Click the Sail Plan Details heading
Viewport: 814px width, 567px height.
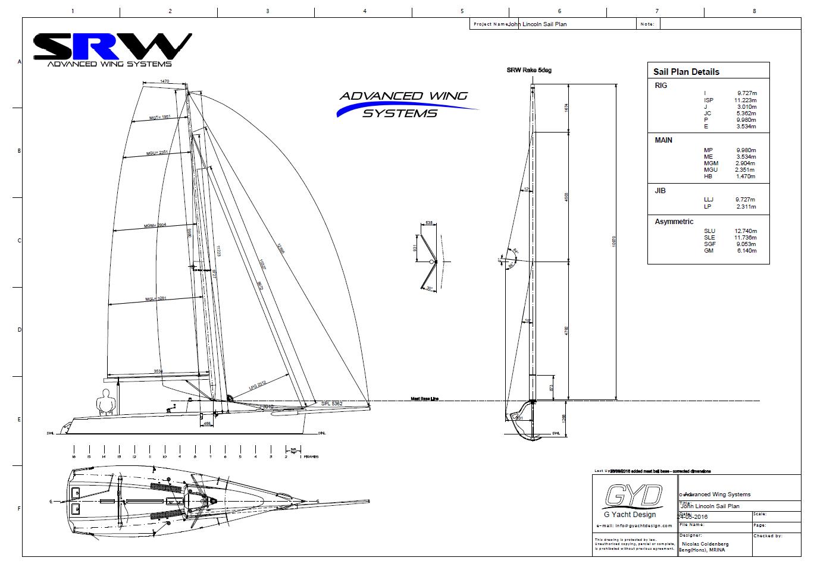(x=686, y=72)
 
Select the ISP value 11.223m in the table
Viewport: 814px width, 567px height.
(x=745, y=100)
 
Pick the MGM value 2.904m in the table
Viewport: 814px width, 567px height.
(x=745, y=163)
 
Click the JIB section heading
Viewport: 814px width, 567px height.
(x=660, y=191)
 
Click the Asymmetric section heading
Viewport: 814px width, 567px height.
(x=674, y=222)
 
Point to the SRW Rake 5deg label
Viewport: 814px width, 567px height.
(x=528, y=70)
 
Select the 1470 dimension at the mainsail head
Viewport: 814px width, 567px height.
(x=165, y=81)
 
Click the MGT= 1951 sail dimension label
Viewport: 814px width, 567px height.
(x=159, y=118)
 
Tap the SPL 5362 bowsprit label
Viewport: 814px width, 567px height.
(x=331, y=404)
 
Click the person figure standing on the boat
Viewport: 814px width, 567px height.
(x=106, y=402)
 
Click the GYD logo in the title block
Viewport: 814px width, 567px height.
(x=633, y=495)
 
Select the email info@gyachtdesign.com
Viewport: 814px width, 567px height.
(x=634, y=526)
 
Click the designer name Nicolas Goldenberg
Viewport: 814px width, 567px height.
(x=706, y=544)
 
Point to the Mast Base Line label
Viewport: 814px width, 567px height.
(x=424, y=399)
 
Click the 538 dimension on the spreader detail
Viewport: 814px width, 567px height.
(x=429, y=223)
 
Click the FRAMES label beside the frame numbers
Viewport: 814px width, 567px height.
(x=311, y=456)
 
